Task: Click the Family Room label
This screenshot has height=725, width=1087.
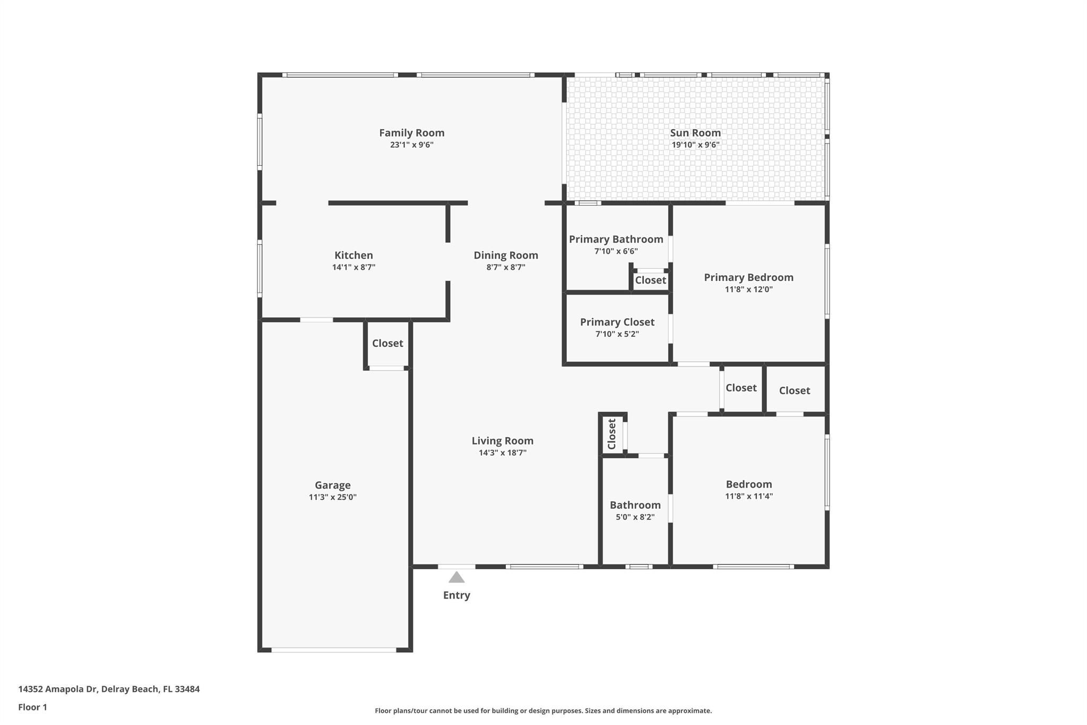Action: point(411,133)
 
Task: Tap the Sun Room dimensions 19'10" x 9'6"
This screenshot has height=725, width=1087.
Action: point(695,144)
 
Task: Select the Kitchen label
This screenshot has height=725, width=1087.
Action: point(353,255)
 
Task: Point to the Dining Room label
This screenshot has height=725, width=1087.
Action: point(506,255)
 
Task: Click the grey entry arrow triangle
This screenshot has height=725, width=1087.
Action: point(456,577)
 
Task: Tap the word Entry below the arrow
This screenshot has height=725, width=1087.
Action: point(456,595)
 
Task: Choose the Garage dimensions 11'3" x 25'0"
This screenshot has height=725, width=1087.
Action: point(333,497)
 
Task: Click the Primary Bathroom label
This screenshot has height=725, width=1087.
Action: point(616,239)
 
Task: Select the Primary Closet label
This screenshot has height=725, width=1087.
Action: point(617,322)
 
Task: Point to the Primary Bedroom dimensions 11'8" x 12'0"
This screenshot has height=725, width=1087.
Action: point(748,289)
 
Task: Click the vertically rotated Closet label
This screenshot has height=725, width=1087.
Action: point(611,434)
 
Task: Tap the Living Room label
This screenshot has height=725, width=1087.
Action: point(502,440)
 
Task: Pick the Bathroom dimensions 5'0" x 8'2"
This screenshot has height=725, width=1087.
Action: point(635,517)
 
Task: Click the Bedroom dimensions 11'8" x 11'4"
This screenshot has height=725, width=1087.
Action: point(748,496)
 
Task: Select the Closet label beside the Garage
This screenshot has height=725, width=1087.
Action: point(387,343)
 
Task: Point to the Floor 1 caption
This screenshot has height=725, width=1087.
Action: point(32,707)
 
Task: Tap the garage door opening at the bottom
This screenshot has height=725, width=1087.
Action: point(333,650)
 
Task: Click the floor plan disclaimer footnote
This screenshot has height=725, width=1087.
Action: point(543,711)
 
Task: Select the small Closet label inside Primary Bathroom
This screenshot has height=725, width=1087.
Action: point(650,280)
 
